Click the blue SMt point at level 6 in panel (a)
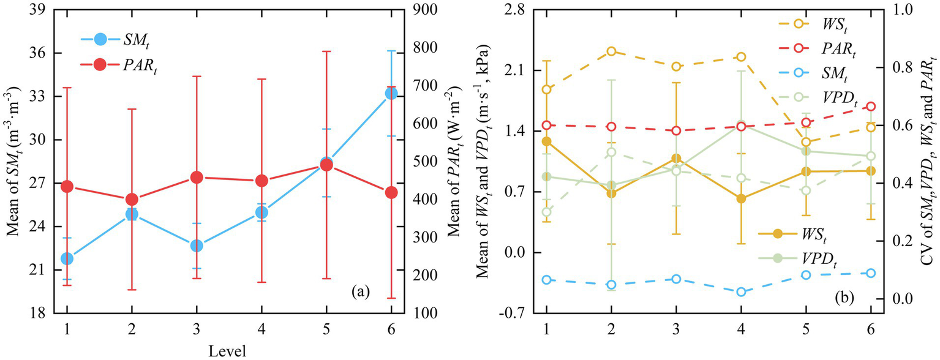point(391,93)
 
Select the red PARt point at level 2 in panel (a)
point(132,200)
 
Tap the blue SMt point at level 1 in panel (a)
point(67,258)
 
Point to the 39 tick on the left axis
point(45,10)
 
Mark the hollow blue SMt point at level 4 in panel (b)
point(741,291)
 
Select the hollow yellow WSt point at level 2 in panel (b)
point(611,51)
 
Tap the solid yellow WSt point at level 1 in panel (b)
point(546,141)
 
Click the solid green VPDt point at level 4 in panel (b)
point(741,125)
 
